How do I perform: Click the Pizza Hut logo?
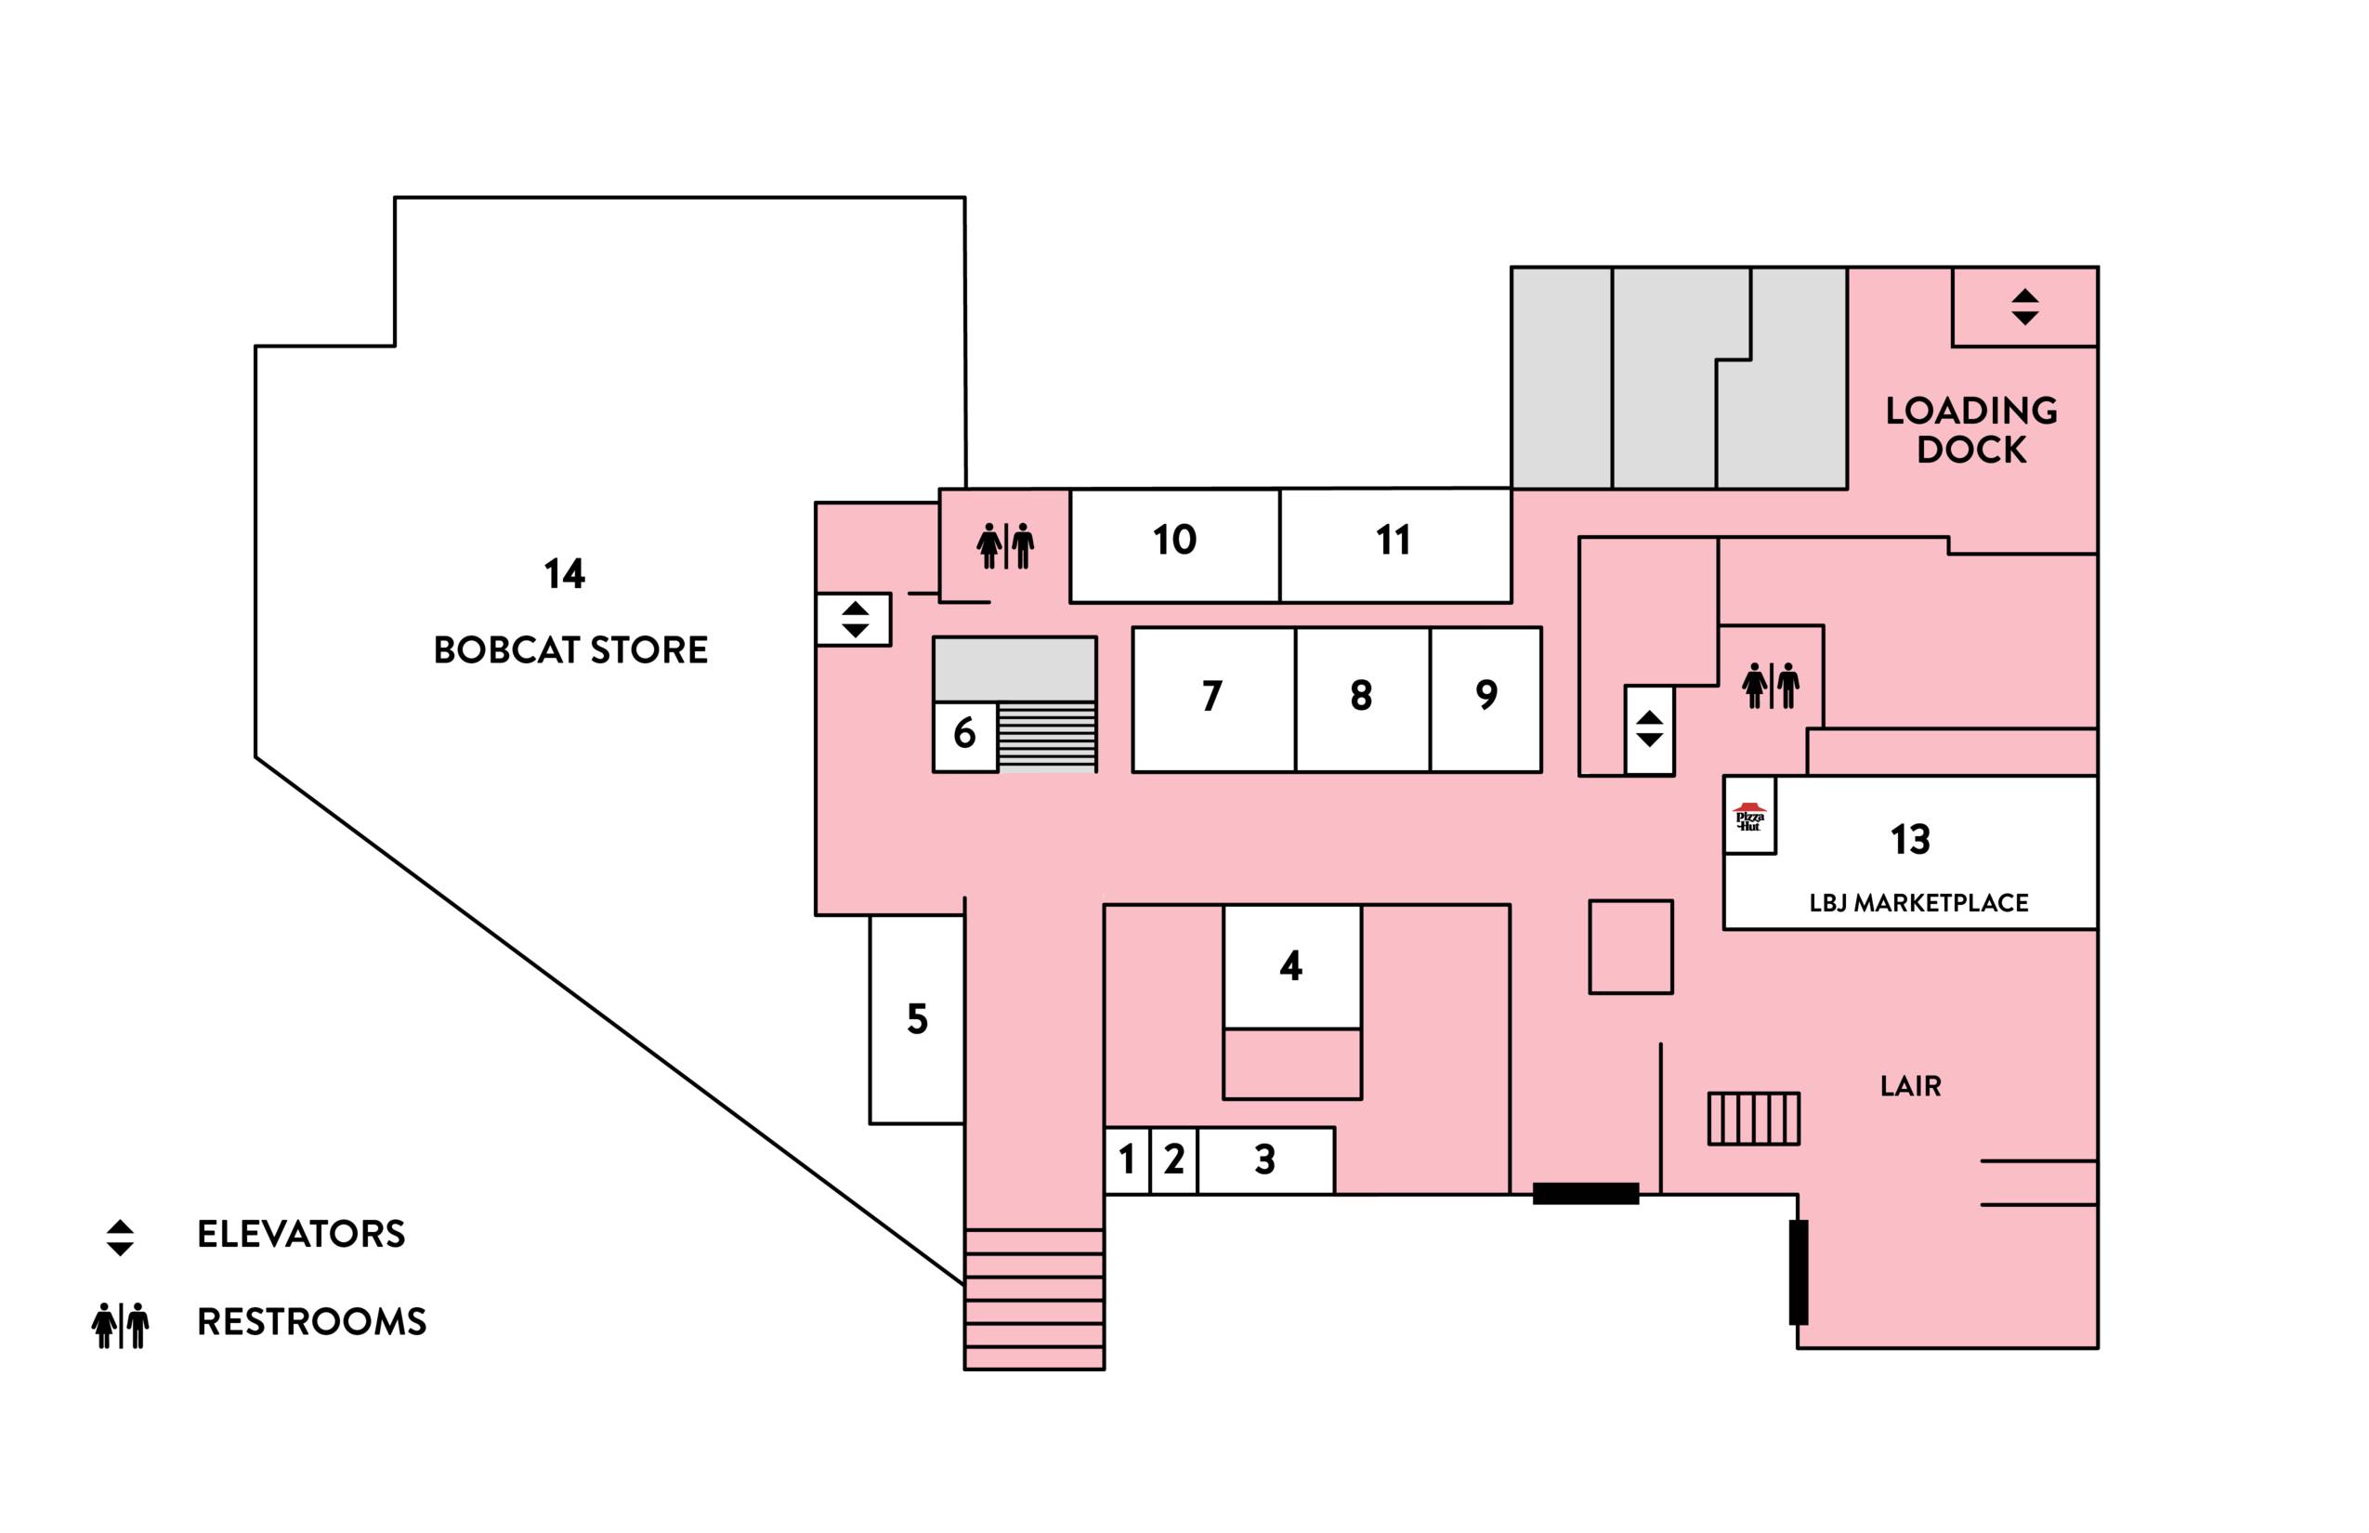click(1748, 817)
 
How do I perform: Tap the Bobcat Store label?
click(570, 650)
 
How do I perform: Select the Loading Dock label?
click(1970, 430)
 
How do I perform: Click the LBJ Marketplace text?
click(1918, 903)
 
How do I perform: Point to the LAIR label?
click(1910, 1086)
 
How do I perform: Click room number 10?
click(1174, 541)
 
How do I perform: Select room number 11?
click(1393, 541)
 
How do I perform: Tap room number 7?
click(1211, 696)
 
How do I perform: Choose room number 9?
click(1486, 695)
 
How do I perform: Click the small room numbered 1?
click(1127, 1160)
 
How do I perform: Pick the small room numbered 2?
click(1173, 1160)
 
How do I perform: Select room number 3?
click(1265, 1160)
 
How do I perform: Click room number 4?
click(1291, 966)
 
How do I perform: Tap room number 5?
click(917, 1019)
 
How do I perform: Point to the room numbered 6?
click(963, 735)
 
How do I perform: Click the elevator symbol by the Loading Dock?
click(2024, 307)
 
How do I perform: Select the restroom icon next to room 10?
click(1005, 546)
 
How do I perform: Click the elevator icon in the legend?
click(121, 1238)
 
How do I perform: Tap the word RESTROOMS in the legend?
click(311, 1322)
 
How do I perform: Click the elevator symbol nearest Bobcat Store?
click(855, 619)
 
